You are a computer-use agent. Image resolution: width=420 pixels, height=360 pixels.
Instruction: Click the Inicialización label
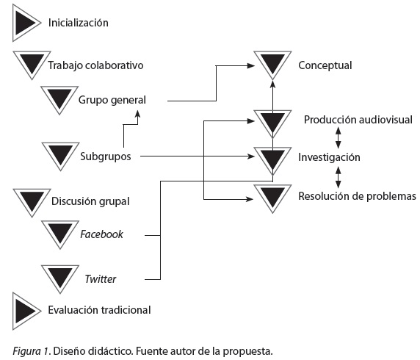coord(79,23)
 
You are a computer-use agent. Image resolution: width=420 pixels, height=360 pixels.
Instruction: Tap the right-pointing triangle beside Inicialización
coord(26,23)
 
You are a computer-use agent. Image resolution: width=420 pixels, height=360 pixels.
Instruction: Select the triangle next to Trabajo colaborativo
coord(32,65)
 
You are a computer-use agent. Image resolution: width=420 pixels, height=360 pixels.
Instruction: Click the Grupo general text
coord(112,100)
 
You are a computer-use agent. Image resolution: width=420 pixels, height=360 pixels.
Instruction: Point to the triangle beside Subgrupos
coord(60,156)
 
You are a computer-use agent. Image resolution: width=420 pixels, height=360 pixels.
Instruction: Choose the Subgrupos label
coord(106,156)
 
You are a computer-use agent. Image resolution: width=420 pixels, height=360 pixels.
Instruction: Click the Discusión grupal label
coord(90,201)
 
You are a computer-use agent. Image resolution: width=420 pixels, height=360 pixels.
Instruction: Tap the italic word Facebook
coord(101,234)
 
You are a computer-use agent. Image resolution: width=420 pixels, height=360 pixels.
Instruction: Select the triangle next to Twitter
coord(60,278)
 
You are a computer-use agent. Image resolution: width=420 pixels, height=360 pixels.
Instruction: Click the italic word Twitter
coord(101,279)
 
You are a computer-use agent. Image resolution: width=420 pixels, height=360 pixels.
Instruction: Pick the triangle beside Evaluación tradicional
coord(26,311)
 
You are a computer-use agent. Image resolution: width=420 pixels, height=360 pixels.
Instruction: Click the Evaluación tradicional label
coord(99,310)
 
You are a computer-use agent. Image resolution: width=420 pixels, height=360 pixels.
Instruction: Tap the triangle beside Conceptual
coord(272,65)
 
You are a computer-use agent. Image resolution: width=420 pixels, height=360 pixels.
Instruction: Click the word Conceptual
coord(325,65)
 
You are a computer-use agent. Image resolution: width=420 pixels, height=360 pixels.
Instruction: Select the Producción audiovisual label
coord(358,120)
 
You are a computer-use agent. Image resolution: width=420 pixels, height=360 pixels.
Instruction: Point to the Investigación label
coord(329,157)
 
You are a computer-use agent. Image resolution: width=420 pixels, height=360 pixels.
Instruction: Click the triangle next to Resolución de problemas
coord(272,198)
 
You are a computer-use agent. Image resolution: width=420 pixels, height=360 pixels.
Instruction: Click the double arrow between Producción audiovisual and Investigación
coord(338,138)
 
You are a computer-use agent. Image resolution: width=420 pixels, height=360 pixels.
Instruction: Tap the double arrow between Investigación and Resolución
coord(338,177)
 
